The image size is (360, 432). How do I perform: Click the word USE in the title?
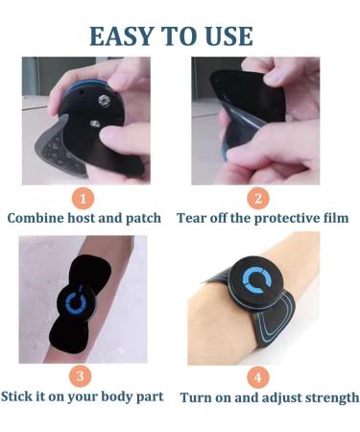click(227, 36)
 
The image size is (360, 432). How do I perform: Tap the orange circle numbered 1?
click(84, 199)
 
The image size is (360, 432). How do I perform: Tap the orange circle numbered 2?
click(257, 199)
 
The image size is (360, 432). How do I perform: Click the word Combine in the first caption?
click(39, 219)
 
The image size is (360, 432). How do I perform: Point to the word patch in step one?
click(140, 219)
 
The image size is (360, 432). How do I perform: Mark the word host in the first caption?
click(86, 219)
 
